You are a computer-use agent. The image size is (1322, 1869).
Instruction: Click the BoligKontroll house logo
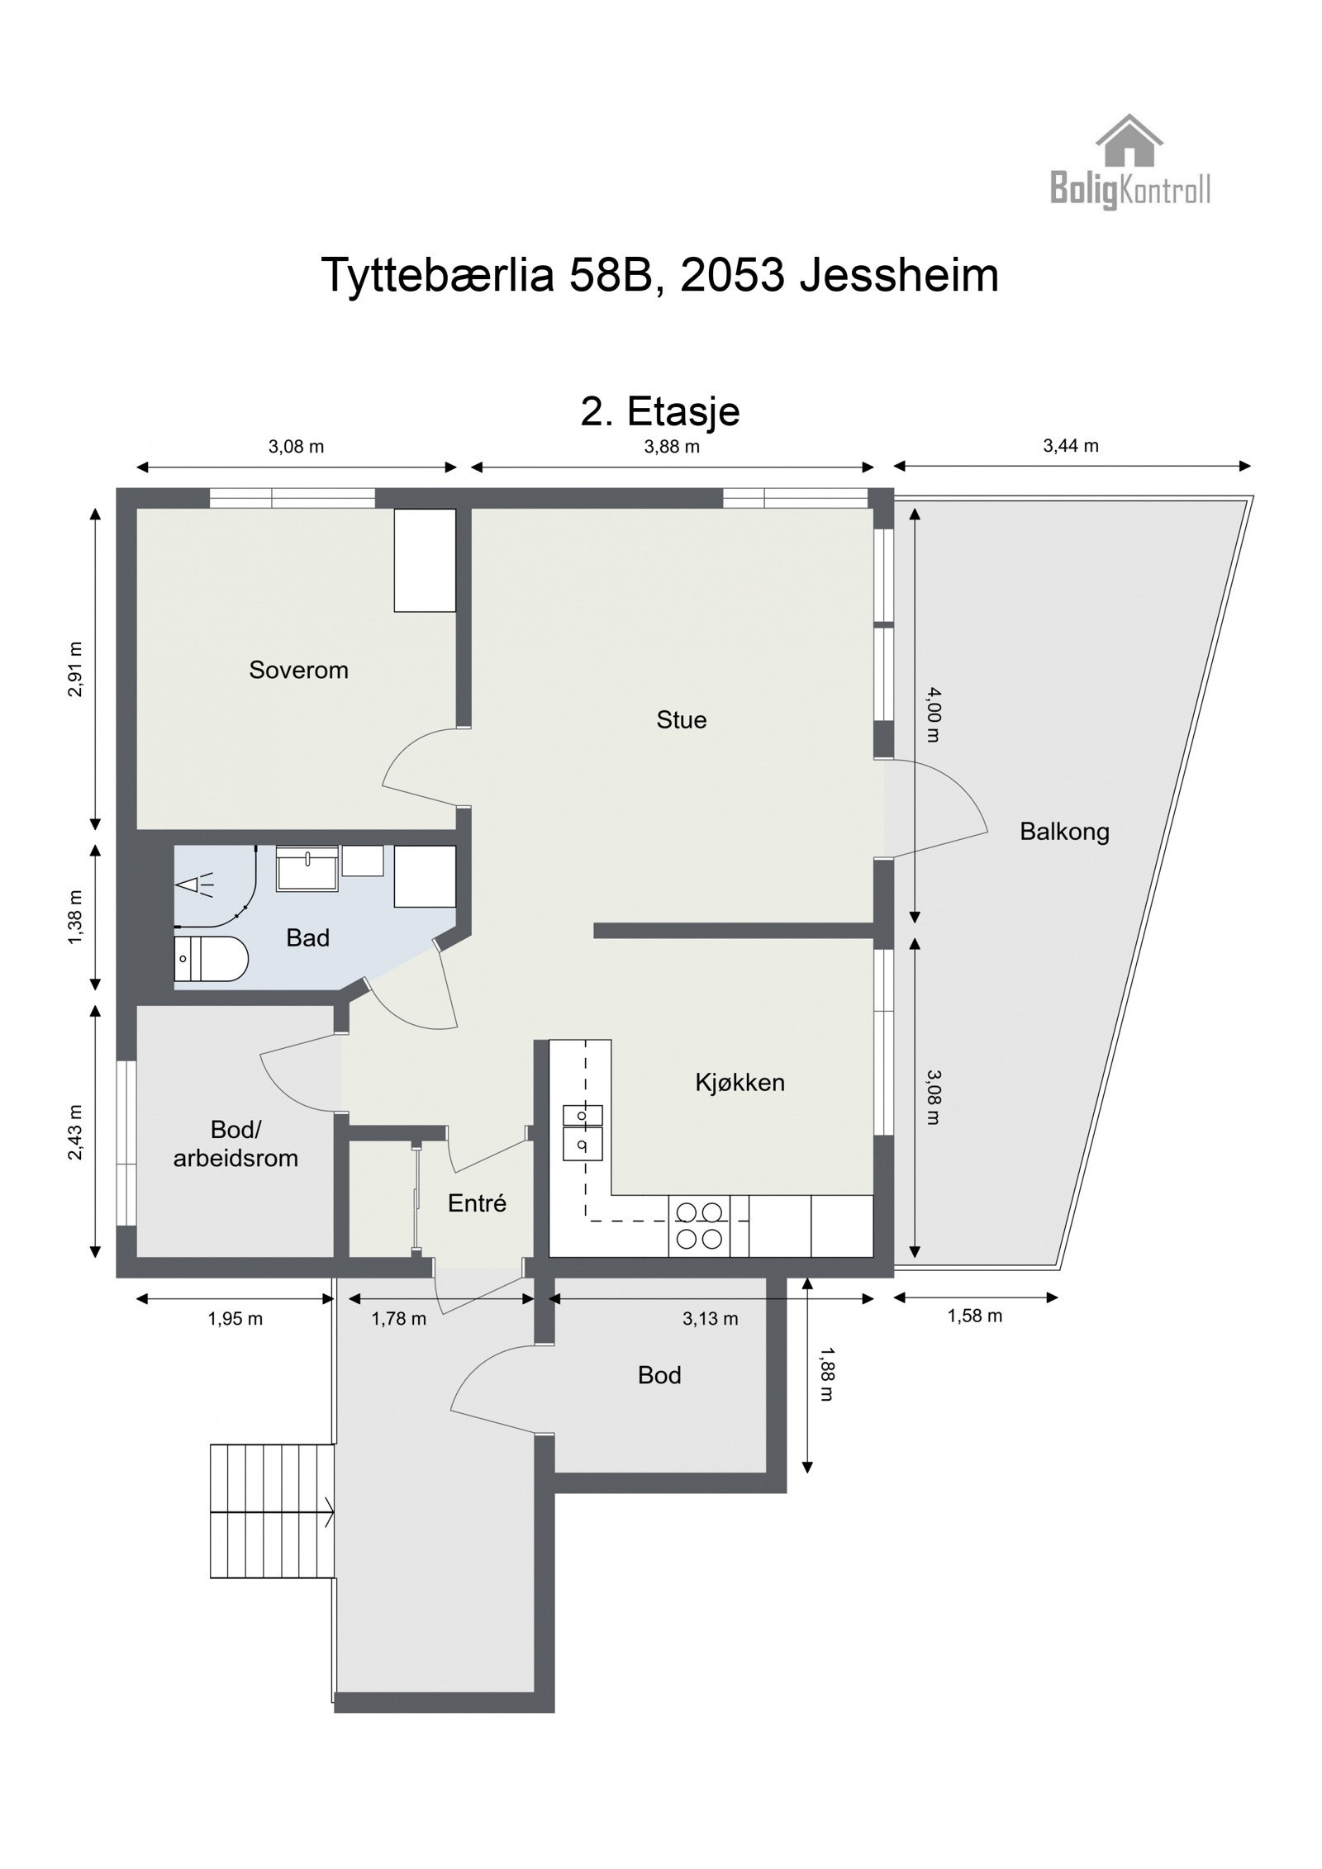tap(1129, 162)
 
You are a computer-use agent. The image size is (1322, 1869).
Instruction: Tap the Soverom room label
tap(298, 670)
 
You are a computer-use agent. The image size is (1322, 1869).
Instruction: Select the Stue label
tap(682, 720)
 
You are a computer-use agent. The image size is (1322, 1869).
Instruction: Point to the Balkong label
tap(1064, 831)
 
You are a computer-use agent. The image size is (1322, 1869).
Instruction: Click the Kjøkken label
tap(739, 1082)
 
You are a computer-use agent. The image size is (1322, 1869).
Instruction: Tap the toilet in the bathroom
tap(211, 959)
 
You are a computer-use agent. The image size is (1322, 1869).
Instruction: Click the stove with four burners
tap(699, 1226)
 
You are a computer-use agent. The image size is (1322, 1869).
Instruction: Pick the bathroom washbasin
tap(307, 868)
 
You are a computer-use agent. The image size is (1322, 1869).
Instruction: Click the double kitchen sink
tap(583, 1131)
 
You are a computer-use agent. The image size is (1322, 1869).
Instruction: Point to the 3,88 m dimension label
tap(672, 448)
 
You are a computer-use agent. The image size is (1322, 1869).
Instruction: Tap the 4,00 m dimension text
tap(932, 714)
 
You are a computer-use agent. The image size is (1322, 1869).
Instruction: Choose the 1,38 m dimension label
tap(76, 917)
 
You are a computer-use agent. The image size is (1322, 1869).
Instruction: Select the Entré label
tap(477, 1203)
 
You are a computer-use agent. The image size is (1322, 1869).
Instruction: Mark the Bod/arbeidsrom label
tap(235, 1143)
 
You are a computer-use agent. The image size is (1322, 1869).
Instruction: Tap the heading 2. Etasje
tap(660, 411)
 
